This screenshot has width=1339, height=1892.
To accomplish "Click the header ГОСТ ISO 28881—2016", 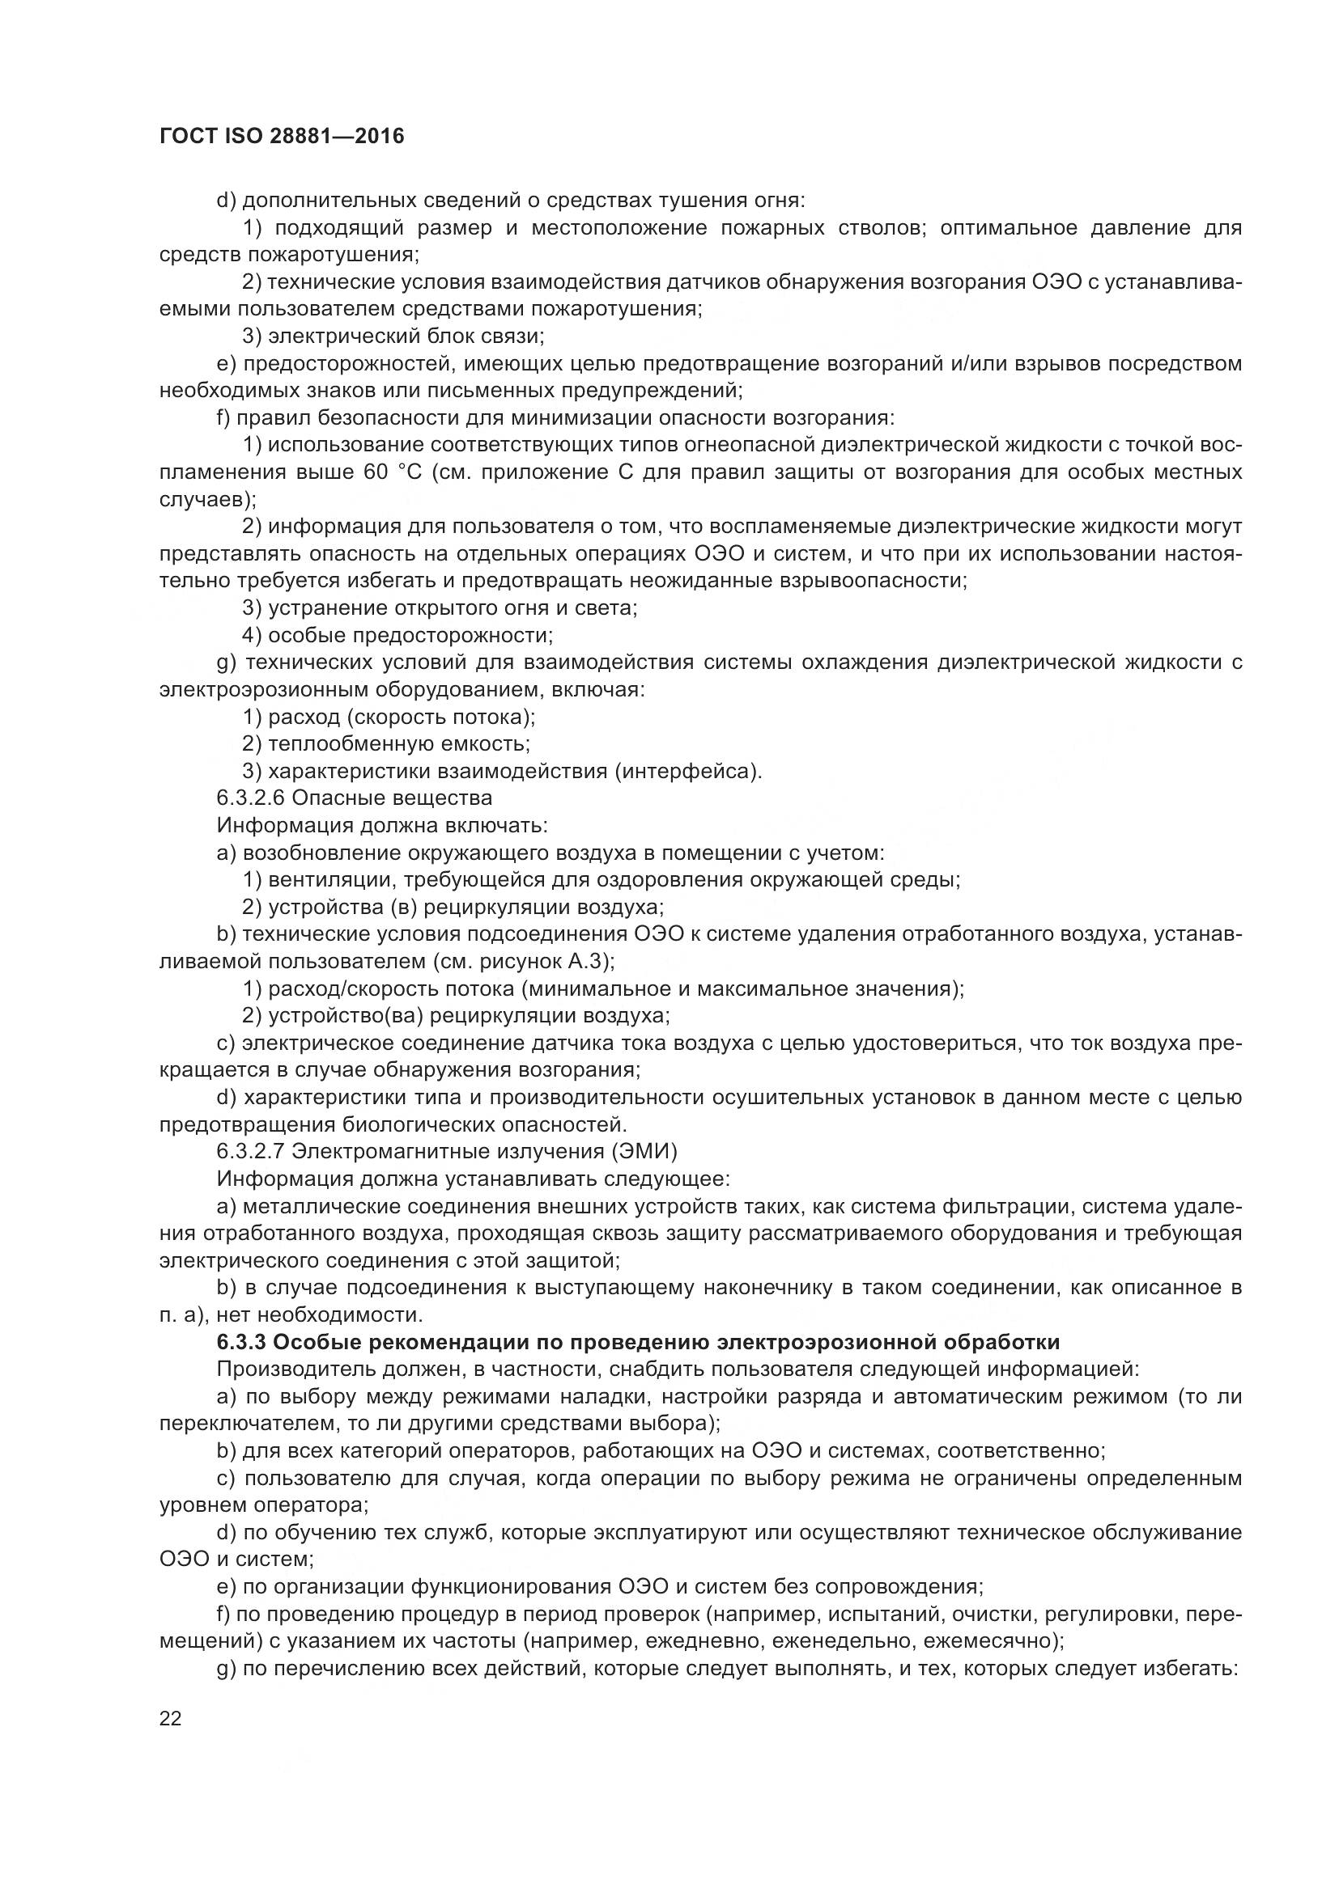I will pos(281,137).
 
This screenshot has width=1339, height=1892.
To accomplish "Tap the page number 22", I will pos(171,1718).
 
